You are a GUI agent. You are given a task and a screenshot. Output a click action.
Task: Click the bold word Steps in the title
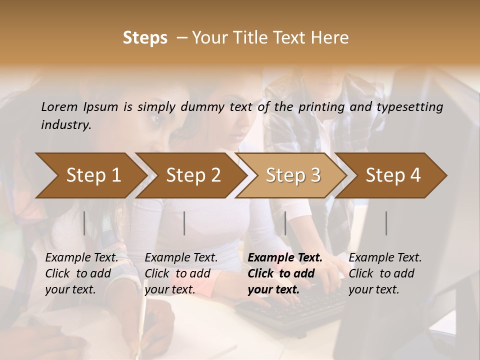point(145,38)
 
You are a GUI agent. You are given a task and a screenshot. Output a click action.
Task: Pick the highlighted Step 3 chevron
point(293,175)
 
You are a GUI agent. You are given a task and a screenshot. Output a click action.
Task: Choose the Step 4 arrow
point(393,175)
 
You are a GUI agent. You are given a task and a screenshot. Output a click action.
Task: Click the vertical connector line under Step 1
point(84,223)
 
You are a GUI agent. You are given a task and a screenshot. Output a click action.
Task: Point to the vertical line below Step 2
point(184,223)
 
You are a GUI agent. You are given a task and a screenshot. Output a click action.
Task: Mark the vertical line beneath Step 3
point(285,223)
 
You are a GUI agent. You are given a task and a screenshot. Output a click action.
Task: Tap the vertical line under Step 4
point(386,223)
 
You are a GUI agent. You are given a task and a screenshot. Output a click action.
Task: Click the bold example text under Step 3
point(285,273)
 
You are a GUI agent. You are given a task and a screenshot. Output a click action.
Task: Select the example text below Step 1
point(81,273)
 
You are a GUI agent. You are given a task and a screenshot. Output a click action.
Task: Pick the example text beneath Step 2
point(181,273)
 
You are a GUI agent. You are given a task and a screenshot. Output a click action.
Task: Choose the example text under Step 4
point(385,273)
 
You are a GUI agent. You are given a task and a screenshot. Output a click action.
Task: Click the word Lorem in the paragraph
point(59,106)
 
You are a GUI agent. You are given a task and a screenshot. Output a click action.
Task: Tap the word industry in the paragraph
point(65,124)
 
